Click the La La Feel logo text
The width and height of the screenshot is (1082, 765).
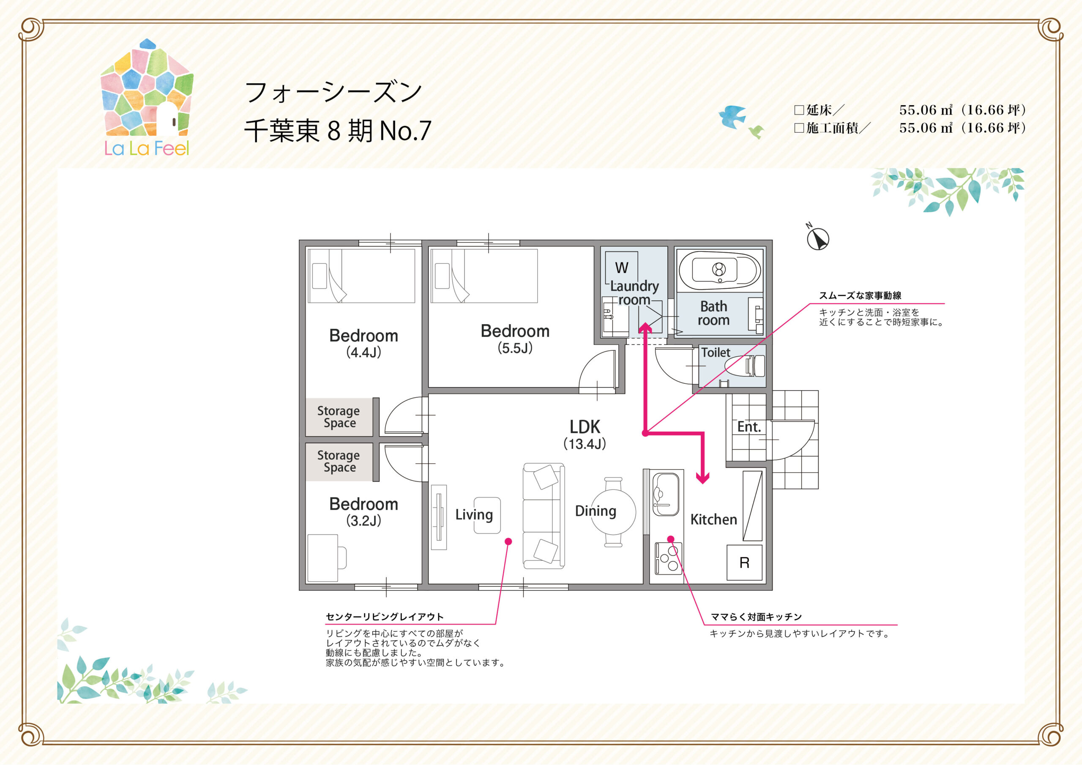[x=147, y=148]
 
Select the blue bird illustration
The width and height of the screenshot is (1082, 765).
[x=732, y=117]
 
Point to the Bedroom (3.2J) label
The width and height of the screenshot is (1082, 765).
[x=363, y=512]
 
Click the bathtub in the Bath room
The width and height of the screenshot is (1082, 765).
[x=720, y=270]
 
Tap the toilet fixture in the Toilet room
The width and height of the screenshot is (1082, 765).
[x=745, y=366]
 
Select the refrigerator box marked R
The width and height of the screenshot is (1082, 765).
[x=745, y=562]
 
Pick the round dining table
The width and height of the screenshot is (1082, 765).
[x=613, y=512]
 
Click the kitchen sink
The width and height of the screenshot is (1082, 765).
[x=665, y=494]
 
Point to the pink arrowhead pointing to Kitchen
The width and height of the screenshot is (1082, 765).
[x=702, y=478]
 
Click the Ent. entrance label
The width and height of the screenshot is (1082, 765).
[x=749, y=427]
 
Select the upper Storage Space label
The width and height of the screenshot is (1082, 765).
[x=339, y=417]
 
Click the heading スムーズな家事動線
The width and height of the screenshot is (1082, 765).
[x=860, y=295]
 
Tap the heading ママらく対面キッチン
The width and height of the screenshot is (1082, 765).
[x=757, y=617]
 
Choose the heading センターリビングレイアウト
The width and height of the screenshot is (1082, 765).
[x=385, y=617]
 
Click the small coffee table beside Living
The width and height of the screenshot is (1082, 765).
[x=487, y=516]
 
